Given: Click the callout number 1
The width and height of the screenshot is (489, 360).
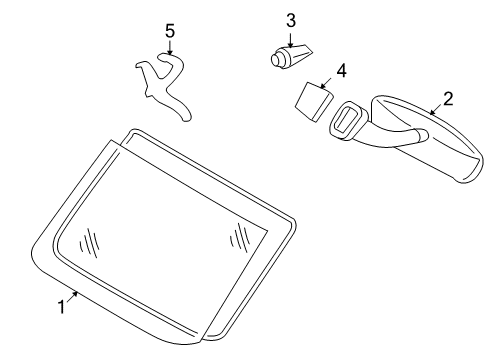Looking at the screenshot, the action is (61, 307).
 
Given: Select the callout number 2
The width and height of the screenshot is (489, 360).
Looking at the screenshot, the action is (448, 99).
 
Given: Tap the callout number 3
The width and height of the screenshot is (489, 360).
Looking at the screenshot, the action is (291, 21).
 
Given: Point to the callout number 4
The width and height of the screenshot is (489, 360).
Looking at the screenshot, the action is (341, 71).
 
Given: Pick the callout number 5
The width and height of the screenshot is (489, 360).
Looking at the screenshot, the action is (170, 31).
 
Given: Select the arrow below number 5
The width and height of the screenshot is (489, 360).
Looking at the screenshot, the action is (170, 48).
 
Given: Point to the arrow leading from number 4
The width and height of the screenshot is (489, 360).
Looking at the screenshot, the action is (326, 83).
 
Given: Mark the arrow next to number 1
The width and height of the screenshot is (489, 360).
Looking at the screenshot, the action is (73, 296).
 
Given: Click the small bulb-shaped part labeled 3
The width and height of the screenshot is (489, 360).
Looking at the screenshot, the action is (291, 57).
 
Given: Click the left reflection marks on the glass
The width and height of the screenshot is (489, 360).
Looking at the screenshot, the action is (90, 242).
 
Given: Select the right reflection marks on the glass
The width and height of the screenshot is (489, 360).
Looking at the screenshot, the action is (240, 237).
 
